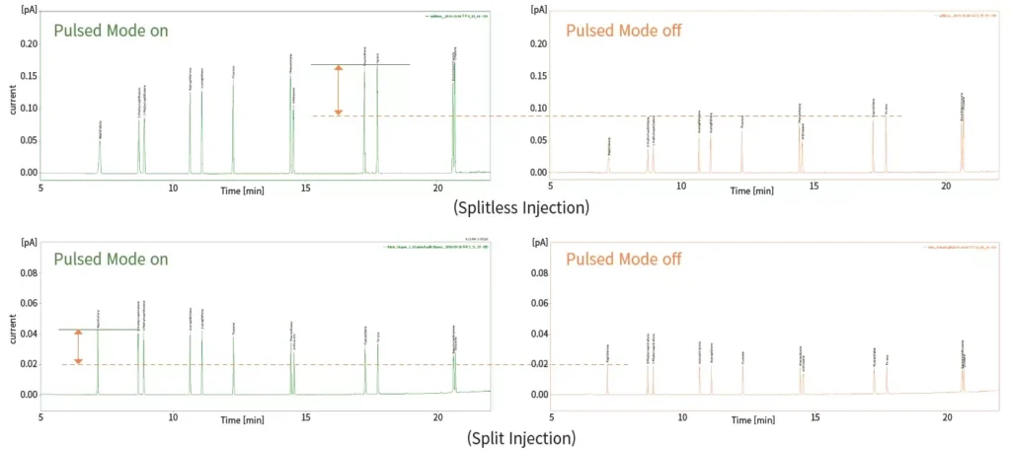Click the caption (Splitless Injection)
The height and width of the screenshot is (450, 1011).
[521, 207]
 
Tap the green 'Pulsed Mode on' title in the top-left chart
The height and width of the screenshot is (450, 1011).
[111, 30]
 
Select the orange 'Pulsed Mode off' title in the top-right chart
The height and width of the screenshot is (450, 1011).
[623, 31]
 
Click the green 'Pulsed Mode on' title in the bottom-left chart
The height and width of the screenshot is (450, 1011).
[111, 260]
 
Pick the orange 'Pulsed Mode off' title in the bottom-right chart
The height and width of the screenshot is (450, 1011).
[623, 260]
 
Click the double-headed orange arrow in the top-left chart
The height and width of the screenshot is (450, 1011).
[338, 91]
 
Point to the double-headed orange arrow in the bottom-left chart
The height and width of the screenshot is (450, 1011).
[79, 347]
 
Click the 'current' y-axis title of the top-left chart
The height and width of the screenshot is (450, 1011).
[12, 98]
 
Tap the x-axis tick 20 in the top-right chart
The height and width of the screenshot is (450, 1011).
[946, 187]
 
